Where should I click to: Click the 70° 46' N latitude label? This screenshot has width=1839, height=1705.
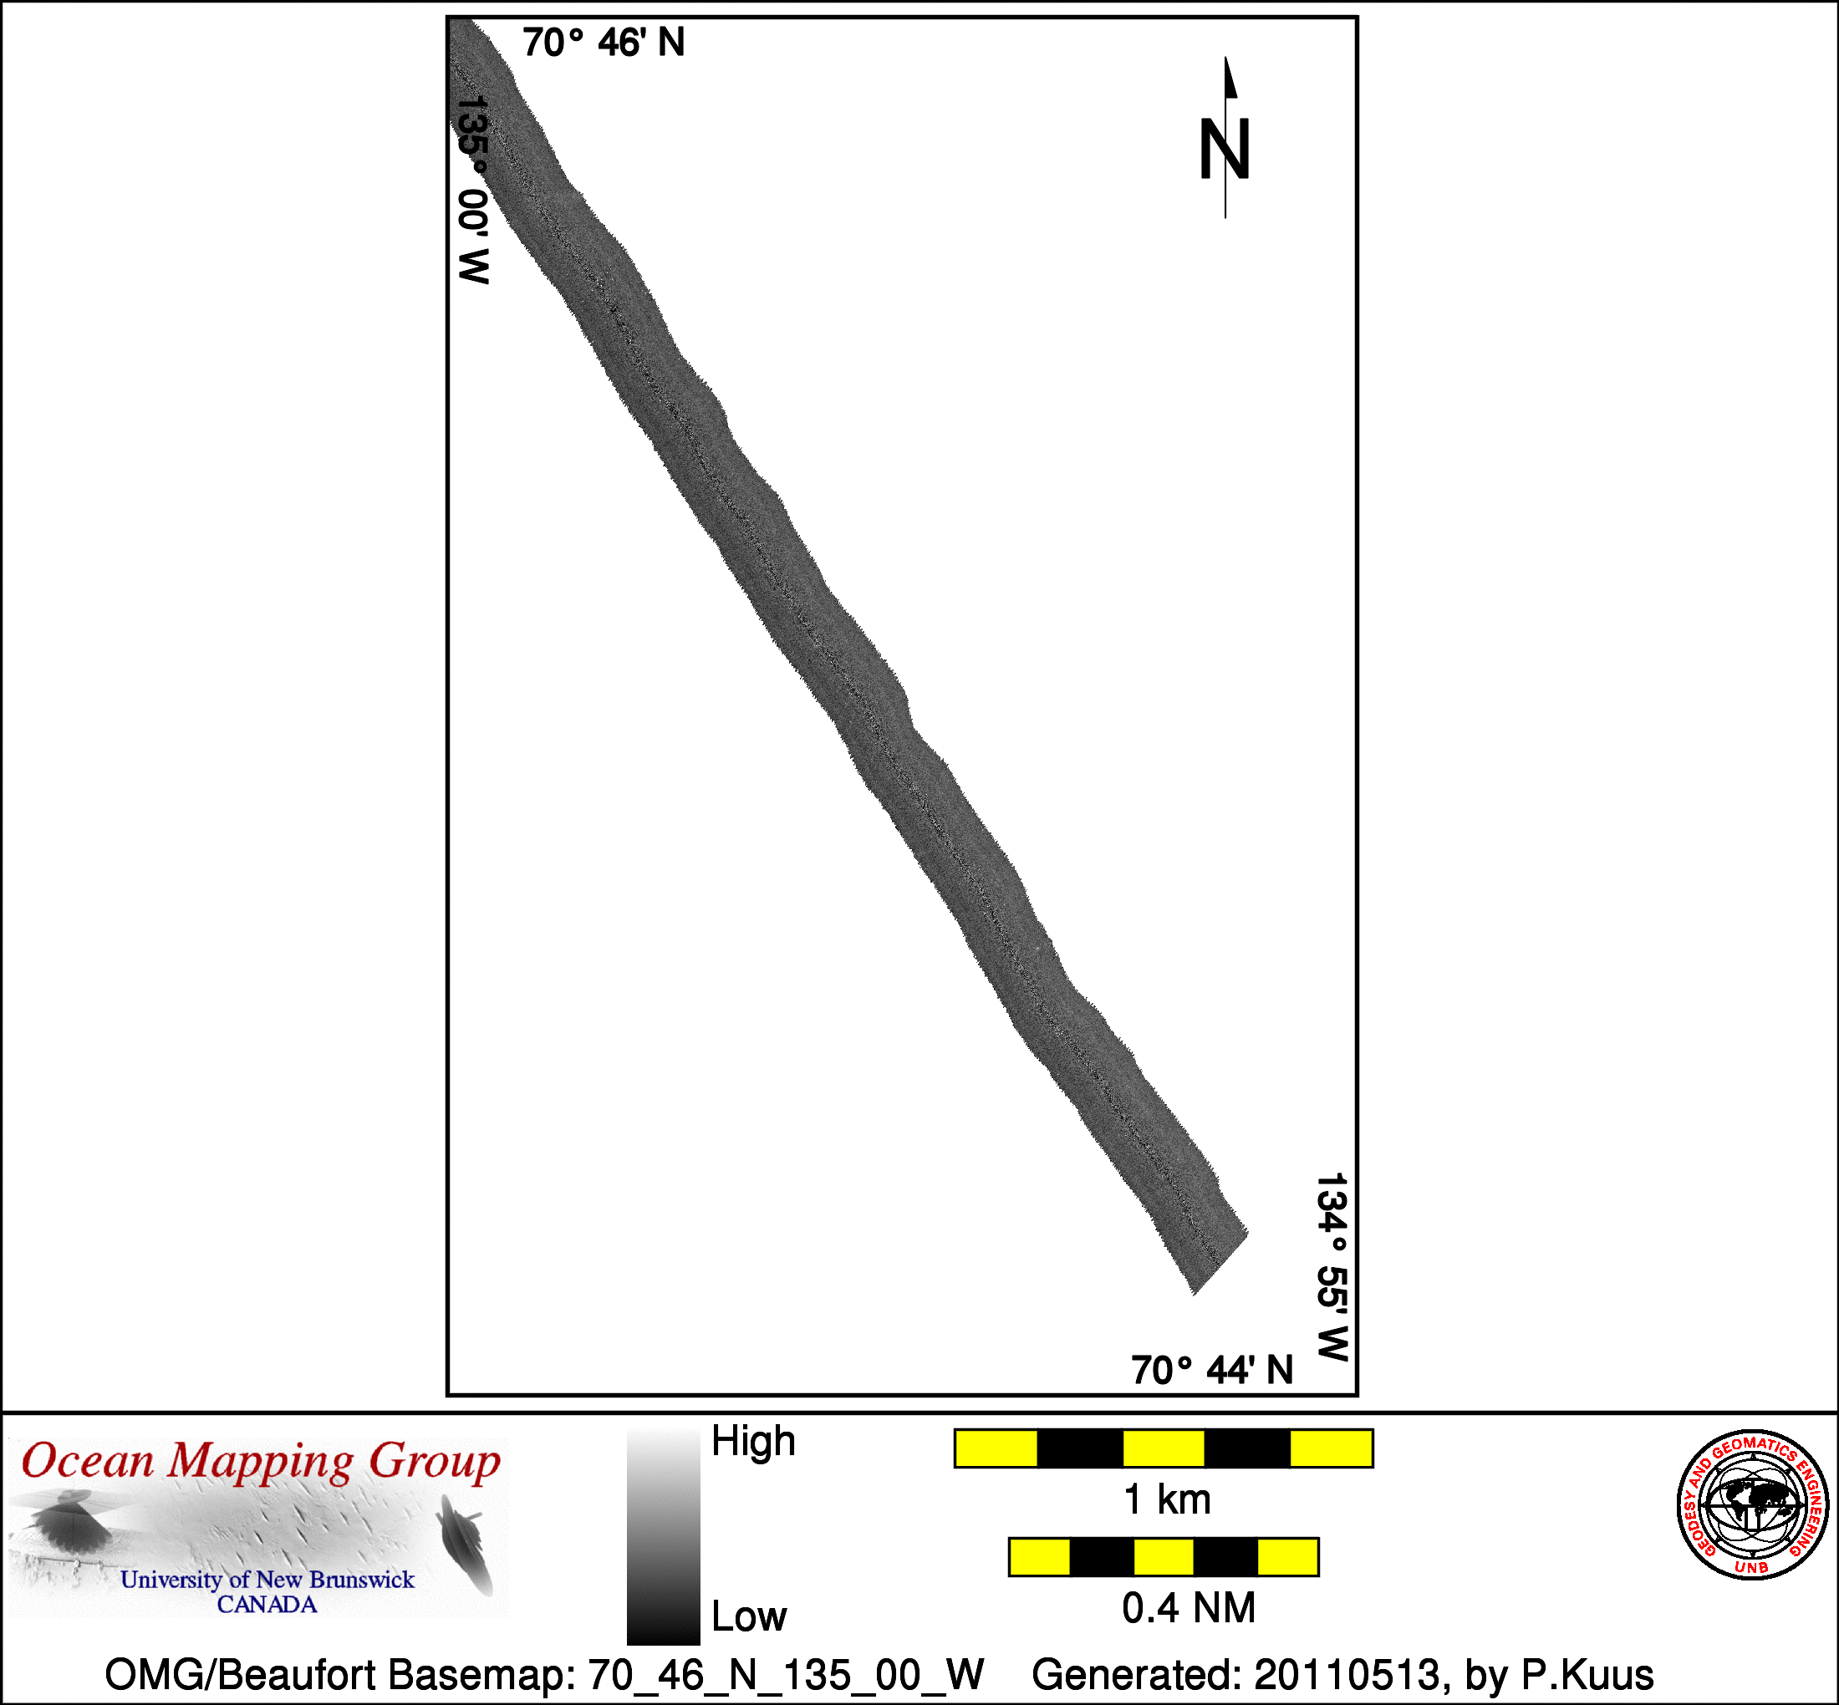[x=604, y=43]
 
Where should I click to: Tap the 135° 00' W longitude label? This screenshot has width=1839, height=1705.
[x=473, y=190]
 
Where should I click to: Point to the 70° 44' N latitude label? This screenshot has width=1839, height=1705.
[x=1212, y=1371]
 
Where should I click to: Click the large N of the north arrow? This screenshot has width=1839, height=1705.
[x=1225, y=150]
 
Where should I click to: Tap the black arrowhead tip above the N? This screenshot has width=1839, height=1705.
[x=1225, y=57]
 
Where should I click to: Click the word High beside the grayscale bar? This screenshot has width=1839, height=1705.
[x=753, y=1441]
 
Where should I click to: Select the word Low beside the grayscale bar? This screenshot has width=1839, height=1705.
[x=748, y=1616]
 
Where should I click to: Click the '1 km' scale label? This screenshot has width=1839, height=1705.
[x=1167, y=1500]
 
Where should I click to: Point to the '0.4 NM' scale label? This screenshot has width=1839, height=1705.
[x=1189, y=1608]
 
